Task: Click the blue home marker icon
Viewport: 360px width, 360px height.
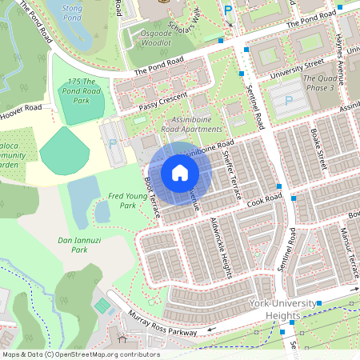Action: point(180,172)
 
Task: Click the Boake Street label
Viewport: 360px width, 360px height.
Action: point(319,149)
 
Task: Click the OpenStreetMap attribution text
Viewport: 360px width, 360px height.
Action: point(81,354)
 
